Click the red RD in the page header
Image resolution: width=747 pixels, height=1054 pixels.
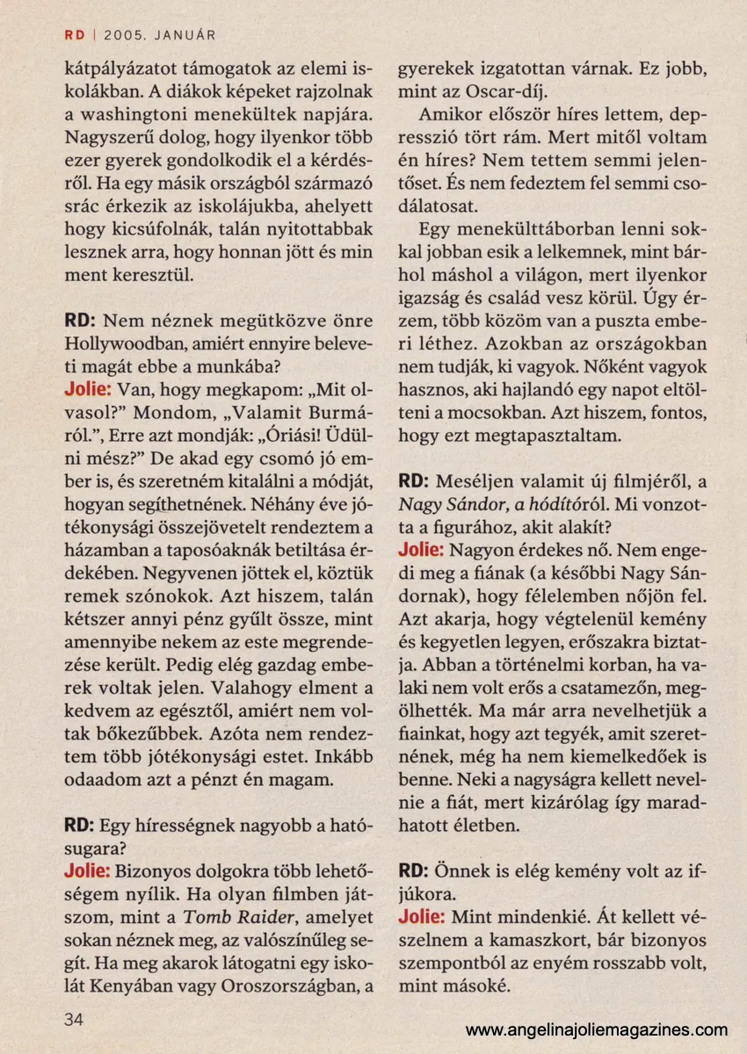tap(74, 35)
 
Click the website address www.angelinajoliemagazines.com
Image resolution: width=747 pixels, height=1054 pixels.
tap(597, 1029)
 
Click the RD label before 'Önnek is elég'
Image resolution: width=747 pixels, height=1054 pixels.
tap(412, 871)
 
